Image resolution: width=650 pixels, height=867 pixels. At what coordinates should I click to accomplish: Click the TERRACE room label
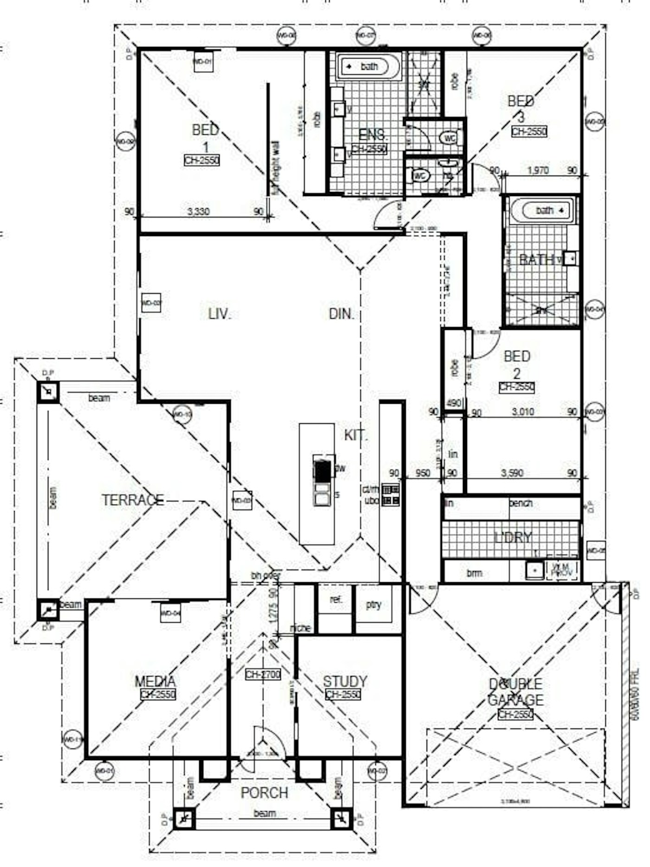click(133, 500)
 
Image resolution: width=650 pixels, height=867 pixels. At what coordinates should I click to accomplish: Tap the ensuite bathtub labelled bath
click(369, 67)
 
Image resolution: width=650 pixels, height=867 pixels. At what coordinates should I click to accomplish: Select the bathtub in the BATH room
click(543, 210)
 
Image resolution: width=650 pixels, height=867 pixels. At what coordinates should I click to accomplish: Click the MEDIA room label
click(155, 681)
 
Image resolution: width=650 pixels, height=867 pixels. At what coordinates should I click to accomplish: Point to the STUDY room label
click(344, 681)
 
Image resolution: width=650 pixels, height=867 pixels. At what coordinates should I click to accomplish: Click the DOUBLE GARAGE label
click(515, 692)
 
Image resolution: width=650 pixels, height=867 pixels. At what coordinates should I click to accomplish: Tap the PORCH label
click(264, 793)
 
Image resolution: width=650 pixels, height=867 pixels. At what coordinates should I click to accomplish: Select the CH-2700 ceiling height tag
click(263, 674)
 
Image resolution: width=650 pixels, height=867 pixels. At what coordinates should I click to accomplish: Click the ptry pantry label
click(373, 604)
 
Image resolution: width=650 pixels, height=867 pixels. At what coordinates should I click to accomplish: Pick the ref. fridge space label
click(336, 600)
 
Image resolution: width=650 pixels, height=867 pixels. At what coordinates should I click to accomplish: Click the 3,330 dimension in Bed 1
click(198, 212)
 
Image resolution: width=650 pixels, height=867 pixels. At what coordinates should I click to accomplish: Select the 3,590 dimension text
click(512, 473)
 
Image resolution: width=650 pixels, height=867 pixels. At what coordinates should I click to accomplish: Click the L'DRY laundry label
click(513, 538)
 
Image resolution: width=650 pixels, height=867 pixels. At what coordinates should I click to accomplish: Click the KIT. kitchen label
click(356, 435)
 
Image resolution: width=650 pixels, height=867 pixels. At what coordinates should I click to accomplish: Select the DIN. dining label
click(341, 314)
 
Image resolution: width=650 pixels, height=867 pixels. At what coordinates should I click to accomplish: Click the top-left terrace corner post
click(48, 392)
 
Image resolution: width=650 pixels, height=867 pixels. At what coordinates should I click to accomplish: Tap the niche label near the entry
click(300, 628)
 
